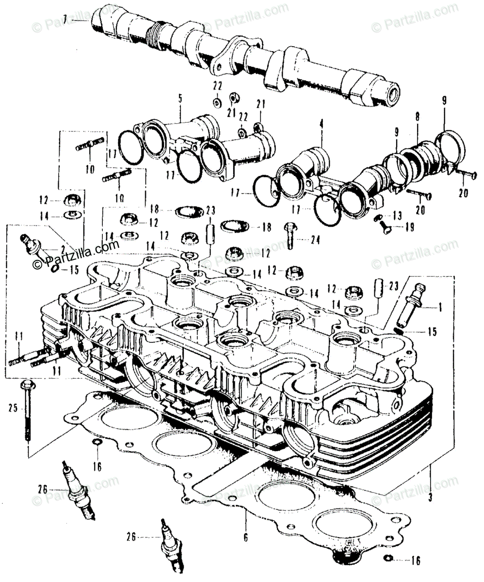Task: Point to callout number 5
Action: coord(180,99)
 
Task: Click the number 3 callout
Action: coord(431,497)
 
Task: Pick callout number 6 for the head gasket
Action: coord(246,536)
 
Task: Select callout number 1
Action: coord(440,307)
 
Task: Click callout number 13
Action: coord(398,214)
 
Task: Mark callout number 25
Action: coord(13,409)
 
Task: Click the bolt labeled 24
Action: coord(289,235)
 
